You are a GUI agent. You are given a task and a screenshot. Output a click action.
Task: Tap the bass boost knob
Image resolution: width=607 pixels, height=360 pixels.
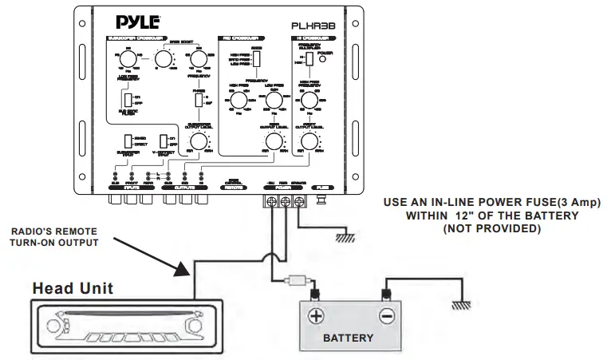[x=165, y=57]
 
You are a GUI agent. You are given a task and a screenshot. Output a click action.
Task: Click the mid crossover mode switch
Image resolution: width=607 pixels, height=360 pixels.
[x=257, y=61]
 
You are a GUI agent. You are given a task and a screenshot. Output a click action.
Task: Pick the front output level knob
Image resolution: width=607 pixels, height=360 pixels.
[x=308, y=142]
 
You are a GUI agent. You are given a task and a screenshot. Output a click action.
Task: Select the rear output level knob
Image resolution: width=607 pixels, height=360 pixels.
[x=274, y=142]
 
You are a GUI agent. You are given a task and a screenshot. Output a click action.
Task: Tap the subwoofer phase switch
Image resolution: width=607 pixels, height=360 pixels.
[x=197, y=100]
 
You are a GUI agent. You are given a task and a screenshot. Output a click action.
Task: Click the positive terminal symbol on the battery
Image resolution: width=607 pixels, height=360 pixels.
[x=316, y=317]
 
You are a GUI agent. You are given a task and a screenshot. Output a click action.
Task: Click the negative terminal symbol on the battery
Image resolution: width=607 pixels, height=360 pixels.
[x=386, y=317]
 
